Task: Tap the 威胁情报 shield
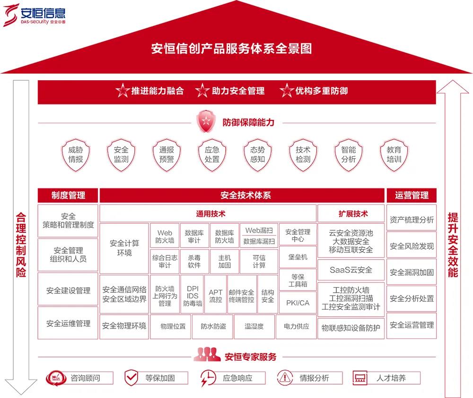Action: click(x=76, y=154)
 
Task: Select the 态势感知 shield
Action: click(x=257, y=154)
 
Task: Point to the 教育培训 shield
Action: click(x=394, y=154)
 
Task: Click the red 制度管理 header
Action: click(x=68, y=195)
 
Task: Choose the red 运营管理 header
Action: click(x=412, y=195)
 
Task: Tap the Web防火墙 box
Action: click(x=165, y=236)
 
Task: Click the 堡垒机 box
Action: click(x=298, y=257)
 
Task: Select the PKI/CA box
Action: click(x=298, y=303)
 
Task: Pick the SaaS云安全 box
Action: click(x=350, y=270)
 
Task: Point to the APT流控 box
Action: click(x=215, y=296)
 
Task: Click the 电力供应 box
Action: click(x=296, y=326)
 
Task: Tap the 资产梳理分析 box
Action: click(x=412, y=220)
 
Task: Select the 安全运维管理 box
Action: click(x=68, y=323)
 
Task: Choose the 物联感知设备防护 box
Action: click(x=350, y=328)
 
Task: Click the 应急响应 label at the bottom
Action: click(x=237, y=378)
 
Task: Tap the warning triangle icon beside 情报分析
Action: click(x=285, y=377)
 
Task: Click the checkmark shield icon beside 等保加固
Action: click(x=131, y=377)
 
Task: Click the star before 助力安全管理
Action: click(x=202, y=91)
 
